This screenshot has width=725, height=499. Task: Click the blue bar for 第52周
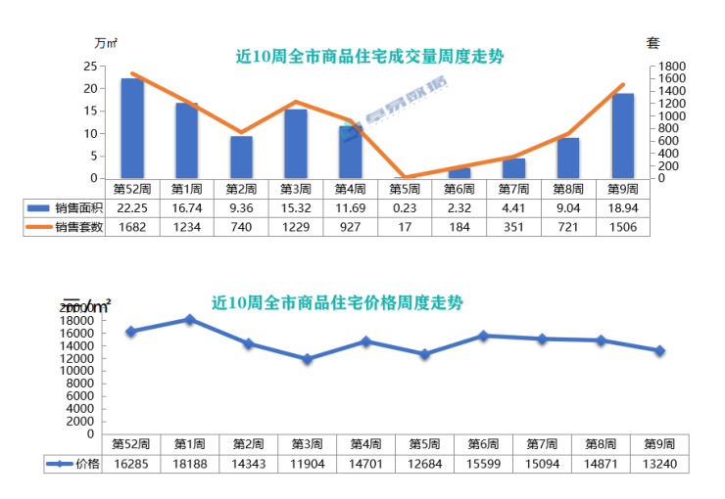[x=132, y=128]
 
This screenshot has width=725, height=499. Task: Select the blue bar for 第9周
[x=622, y=136]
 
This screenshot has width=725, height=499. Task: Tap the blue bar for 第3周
[x=296, y=144]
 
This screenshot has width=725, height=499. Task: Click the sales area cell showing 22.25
[x=132, y=208]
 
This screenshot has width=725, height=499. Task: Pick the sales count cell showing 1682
[x=132, y=227]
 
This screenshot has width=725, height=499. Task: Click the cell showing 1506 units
[x=622, y=227]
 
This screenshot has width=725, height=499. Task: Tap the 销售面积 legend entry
[x=65, y=208]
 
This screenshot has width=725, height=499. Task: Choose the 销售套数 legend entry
[x=65, y=227]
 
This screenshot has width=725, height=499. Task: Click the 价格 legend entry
[x=74, y=464]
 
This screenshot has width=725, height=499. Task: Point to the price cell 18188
[x=189, y=464]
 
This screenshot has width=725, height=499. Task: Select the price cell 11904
[x=307, y=464]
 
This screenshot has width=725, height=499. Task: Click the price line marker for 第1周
[x=189, y=319]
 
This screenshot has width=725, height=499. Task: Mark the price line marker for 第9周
[x=660, y=350]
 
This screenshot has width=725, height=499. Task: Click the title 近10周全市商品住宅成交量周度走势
[x=370, y=57]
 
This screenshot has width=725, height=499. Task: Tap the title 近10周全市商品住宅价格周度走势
[x=337, y=302]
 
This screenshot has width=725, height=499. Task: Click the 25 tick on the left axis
[x=89, y=67]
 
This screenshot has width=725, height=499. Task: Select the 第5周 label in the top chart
[x=405, y=189]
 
